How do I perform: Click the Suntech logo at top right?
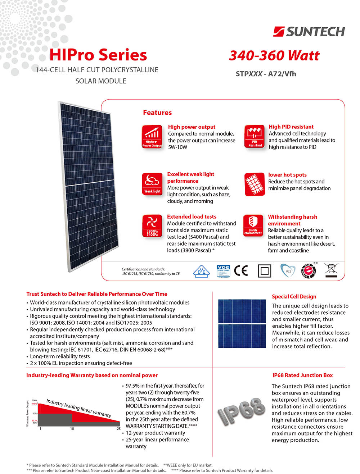click(x=309, y=32)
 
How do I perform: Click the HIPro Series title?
click(x=98, y=55)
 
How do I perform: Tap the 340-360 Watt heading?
click(x=274, y=55)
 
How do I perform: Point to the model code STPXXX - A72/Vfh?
click(x=266, y=74)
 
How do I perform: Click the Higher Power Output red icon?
click(x=152, y=136)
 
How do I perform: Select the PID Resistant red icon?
click(x=255, y=136)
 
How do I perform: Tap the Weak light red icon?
click(x=152, y=184)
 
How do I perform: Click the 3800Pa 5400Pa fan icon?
click(x=152, y=226)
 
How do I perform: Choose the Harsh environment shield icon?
click(x=253, y=225)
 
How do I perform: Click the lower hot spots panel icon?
click(x=255, y=184)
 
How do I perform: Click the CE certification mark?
click(x=241, y=270)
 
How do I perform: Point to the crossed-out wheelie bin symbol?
click(x=331, y=270)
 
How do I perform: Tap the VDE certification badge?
click(x=223, y=271)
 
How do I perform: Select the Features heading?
click(x=157, y=113)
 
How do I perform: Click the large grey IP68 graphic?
click(x=241, y=411)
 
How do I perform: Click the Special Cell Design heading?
click(x=294, y=296)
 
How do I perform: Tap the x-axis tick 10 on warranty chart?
click(x=72, y=429)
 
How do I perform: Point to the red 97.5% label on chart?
click(x=34, y=404)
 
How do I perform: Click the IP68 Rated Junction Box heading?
click(x=302, y=375)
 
